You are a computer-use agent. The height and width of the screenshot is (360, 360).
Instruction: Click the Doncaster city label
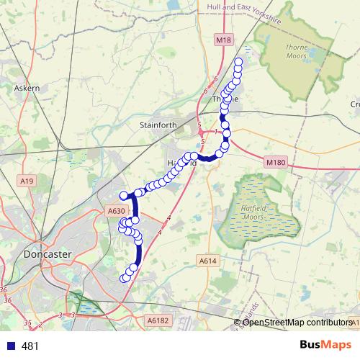(46, 254)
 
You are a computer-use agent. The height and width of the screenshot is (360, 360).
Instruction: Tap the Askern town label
(27, 88)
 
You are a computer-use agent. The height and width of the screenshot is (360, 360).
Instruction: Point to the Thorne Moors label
(297, 50)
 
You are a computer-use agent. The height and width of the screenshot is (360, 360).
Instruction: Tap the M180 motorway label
(274, 163)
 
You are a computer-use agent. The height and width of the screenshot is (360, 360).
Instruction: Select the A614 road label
(207, 261)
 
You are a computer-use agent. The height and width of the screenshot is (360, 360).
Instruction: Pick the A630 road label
(116, 211)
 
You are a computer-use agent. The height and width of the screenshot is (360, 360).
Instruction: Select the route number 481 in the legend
(30, 346)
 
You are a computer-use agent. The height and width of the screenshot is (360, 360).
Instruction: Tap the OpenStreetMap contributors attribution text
(297, 322)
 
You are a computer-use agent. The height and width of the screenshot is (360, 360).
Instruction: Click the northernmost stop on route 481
(239, 63)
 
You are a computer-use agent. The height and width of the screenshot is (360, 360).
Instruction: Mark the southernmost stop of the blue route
(124, 279)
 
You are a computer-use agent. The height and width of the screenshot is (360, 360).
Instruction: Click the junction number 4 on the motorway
(168, 217)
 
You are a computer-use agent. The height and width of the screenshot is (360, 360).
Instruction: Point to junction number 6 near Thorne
(215, 79)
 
